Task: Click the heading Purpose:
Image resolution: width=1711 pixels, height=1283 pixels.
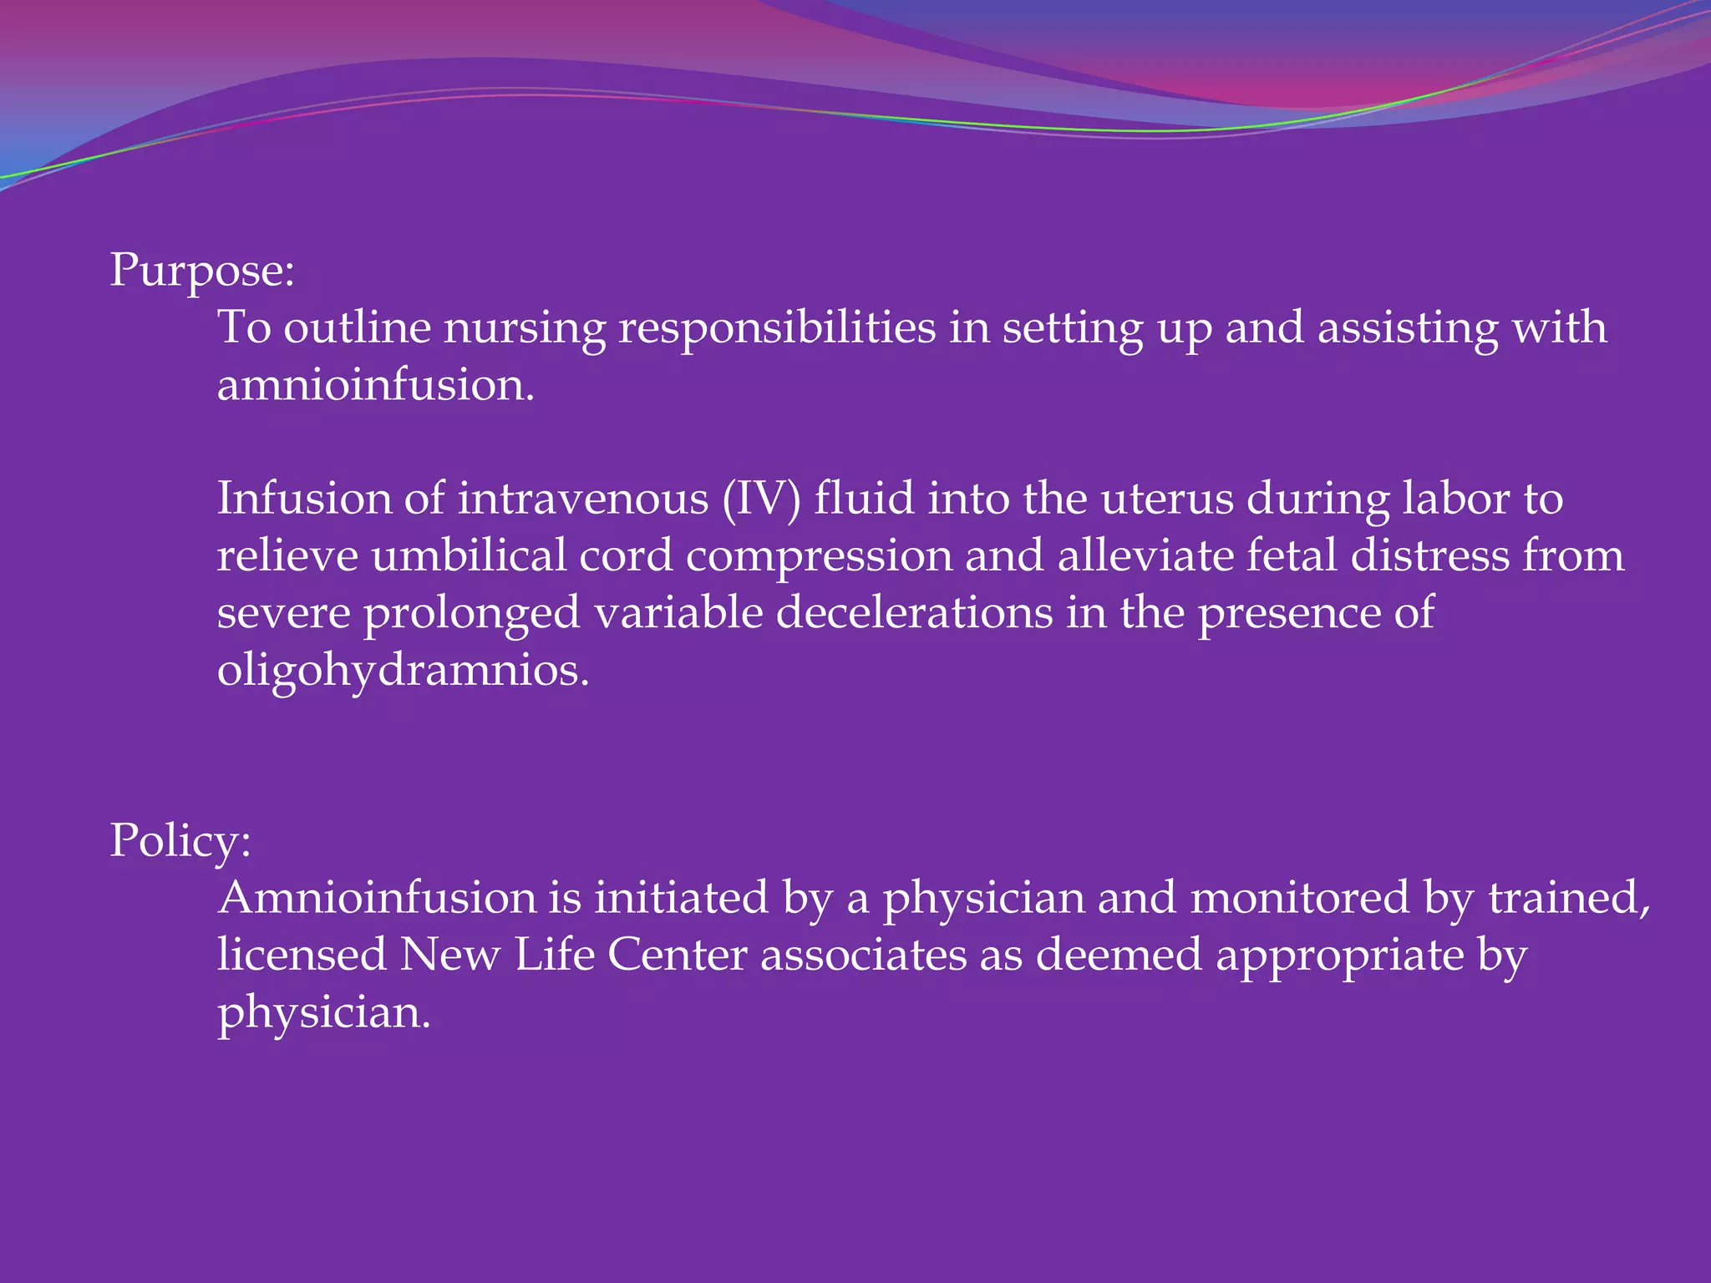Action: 202,271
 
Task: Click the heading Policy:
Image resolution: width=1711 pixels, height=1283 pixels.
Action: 180,840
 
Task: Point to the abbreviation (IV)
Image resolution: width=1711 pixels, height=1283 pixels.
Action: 761,499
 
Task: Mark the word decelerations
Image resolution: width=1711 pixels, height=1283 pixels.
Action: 914,613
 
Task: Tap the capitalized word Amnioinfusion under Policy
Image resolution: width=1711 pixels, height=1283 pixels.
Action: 377,899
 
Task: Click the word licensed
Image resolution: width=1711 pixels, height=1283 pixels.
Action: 302,956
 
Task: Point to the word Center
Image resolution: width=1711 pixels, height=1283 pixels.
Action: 677,956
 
